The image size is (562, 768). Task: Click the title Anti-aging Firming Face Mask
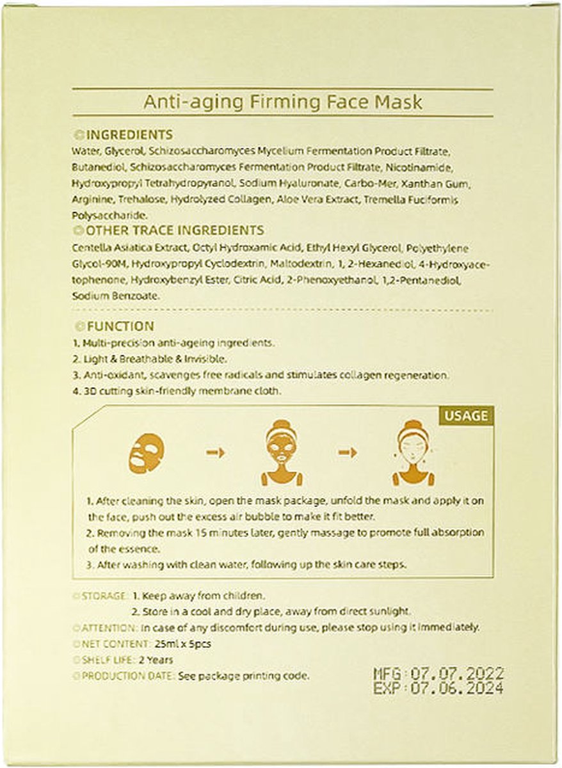point(282,102)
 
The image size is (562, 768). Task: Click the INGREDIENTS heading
point(129,135)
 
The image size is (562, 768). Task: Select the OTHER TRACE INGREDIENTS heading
point(174,230)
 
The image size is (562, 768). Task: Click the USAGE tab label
point(465,416)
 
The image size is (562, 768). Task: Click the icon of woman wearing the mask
point(282,452)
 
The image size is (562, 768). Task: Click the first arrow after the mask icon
point(216,452)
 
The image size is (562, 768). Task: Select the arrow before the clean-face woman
point(348,452)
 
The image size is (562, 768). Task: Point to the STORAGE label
point(104,595)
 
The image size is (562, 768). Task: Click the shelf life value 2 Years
point(159,659)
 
